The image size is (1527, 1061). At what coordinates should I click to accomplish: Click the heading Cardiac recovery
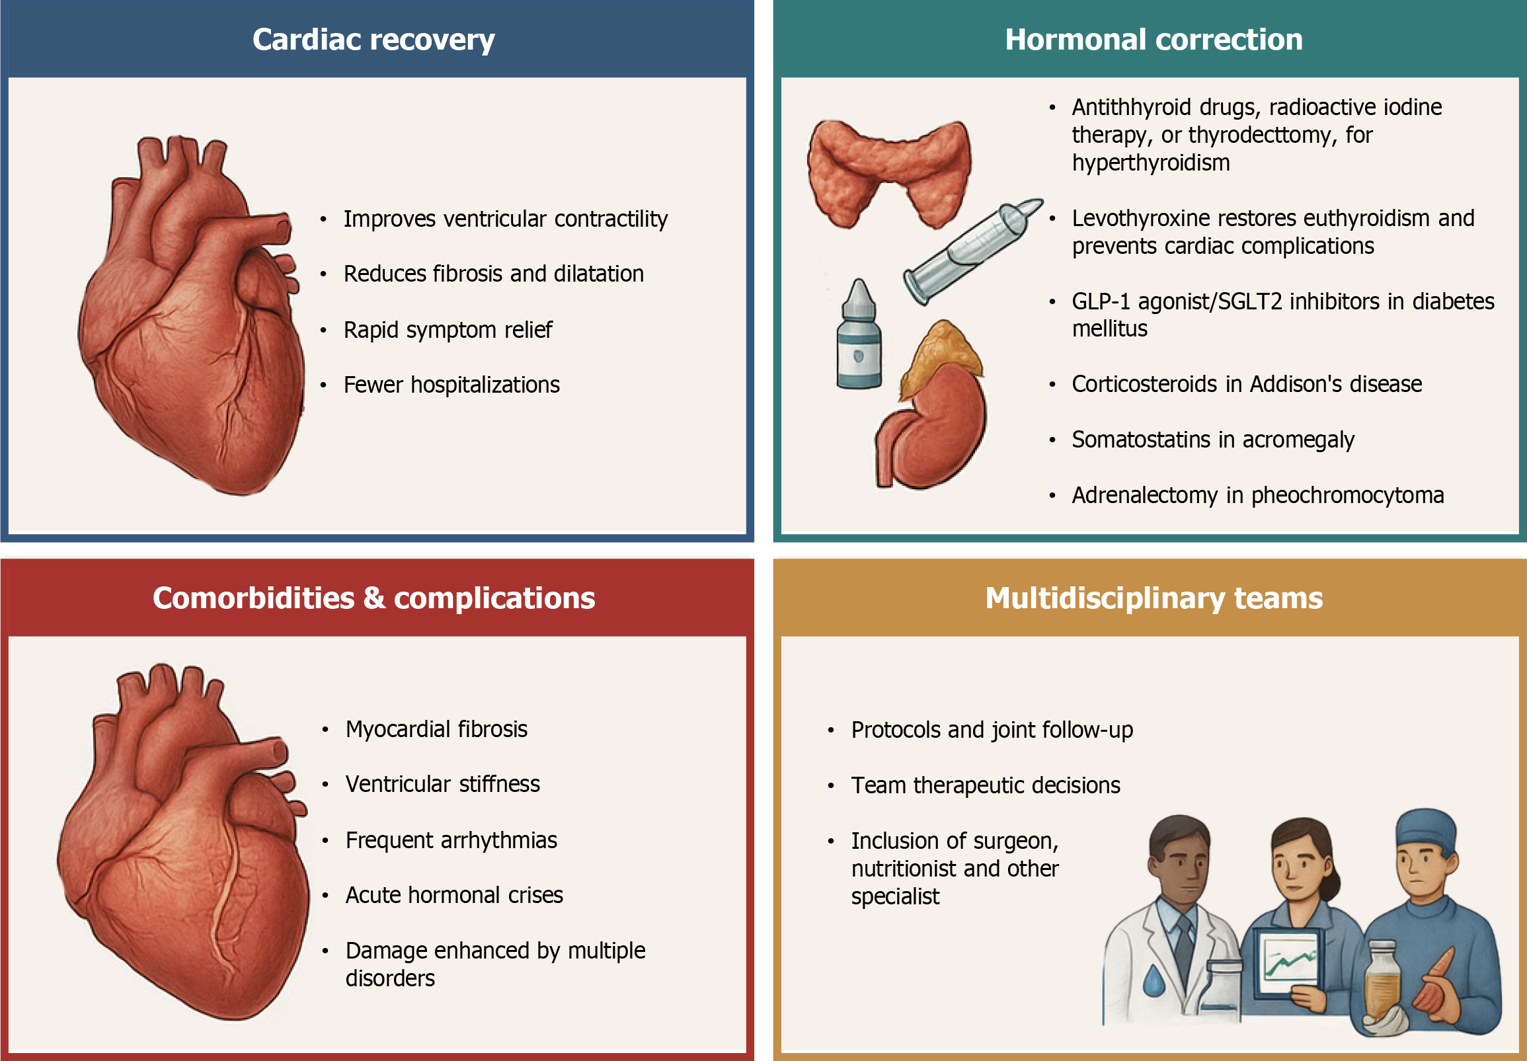pos(373,40)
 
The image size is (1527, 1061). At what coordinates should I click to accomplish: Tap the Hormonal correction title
pos(1154,40)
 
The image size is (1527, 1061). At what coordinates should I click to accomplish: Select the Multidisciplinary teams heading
pos(1154,598)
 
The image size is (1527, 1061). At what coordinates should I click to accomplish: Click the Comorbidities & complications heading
pos(373,598)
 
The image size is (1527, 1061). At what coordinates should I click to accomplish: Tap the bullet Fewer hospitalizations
pos(451,385)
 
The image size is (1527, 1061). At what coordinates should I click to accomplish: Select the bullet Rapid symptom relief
pos(448,330)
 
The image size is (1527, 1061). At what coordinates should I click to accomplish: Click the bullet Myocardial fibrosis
pos(436,729)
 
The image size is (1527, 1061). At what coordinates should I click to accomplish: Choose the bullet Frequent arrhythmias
pos(451,840)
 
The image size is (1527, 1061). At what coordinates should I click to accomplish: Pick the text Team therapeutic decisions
pos(985,785)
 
